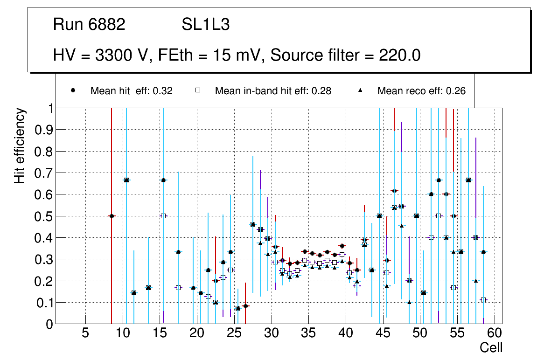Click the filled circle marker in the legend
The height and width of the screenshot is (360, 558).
[x=72, y=90]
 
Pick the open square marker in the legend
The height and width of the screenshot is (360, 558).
[x=197, y=90]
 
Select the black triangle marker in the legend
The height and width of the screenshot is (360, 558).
[x=361, y=90]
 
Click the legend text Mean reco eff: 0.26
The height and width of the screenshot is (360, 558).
[x=421, y=91]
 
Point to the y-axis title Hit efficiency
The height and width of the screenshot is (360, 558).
[x=20, y=145]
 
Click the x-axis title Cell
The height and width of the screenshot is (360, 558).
[x=491, y=347]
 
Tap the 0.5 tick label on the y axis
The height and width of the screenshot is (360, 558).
[x=43, y=216]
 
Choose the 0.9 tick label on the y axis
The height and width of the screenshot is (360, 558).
[x=43, y=130]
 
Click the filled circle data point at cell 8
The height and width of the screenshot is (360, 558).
[x=112, y=216]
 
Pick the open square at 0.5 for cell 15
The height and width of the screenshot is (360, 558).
[x=163, y=216]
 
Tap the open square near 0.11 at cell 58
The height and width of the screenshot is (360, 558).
[x=483, y=300]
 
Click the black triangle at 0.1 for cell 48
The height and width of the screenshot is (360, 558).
[x=409, y=302]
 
